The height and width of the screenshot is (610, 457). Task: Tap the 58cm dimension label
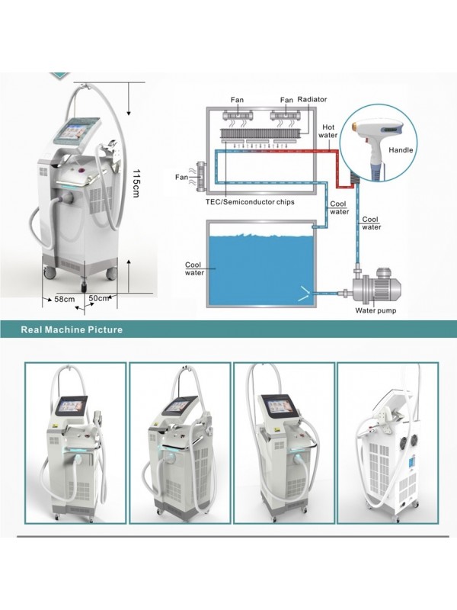(65, 299)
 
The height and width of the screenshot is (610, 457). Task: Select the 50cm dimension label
(100, 298)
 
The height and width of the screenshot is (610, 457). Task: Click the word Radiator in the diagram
(312, 100)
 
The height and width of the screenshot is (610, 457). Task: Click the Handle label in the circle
(401, 150)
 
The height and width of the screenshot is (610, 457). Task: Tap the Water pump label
(376, 310)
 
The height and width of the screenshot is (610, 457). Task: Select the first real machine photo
(75, 442)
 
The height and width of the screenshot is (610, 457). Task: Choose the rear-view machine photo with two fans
(387, 442)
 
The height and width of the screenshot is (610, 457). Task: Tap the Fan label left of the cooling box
(181, 177)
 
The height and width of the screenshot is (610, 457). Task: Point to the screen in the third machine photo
(273, 404)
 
